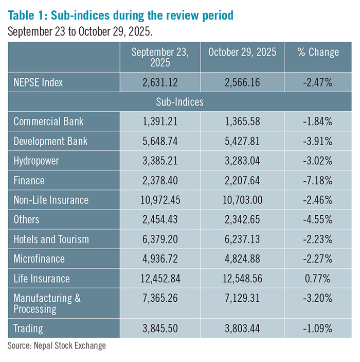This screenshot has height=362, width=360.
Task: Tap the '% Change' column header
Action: [x=318, y=52]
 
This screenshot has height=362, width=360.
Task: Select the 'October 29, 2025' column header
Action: [x=242, y=52]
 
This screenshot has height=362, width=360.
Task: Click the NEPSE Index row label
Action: [x=39, y=82]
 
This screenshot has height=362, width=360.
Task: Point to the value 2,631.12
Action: [x=159, y=82]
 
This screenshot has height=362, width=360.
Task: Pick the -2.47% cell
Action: [x=318, y=82]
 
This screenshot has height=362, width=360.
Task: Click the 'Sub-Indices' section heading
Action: [x=179, y=102]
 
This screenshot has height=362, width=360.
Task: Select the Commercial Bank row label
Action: [x=48, y=122]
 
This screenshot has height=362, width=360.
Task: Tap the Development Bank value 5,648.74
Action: [x=159, y=142]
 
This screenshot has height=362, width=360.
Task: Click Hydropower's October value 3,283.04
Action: [x=242, y=161]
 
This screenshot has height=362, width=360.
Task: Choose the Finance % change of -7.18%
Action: [x=318, y=181]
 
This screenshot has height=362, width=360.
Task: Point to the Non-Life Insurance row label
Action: [x=51, y=200]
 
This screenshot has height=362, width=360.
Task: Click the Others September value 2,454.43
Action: [x=159, y=220]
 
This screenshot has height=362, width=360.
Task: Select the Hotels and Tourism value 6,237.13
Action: [x=242, y=239]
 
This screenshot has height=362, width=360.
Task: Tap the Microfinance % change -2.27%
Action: [x=318, y=259]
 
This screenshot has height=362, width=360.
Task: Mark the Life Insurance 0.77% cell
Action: [x=318, y=279]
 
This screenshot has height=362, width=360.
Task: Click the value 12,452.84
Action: [x=159, y=279]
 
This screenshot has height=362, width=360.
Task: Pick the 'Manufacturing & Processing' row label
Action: [x=47, y=303]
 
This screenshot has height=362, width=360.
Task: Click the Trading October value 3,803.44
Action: [x=242, y=328]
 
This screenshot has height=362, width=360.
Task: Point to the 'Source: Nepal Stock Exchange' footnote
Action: [x=57, y=346]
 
